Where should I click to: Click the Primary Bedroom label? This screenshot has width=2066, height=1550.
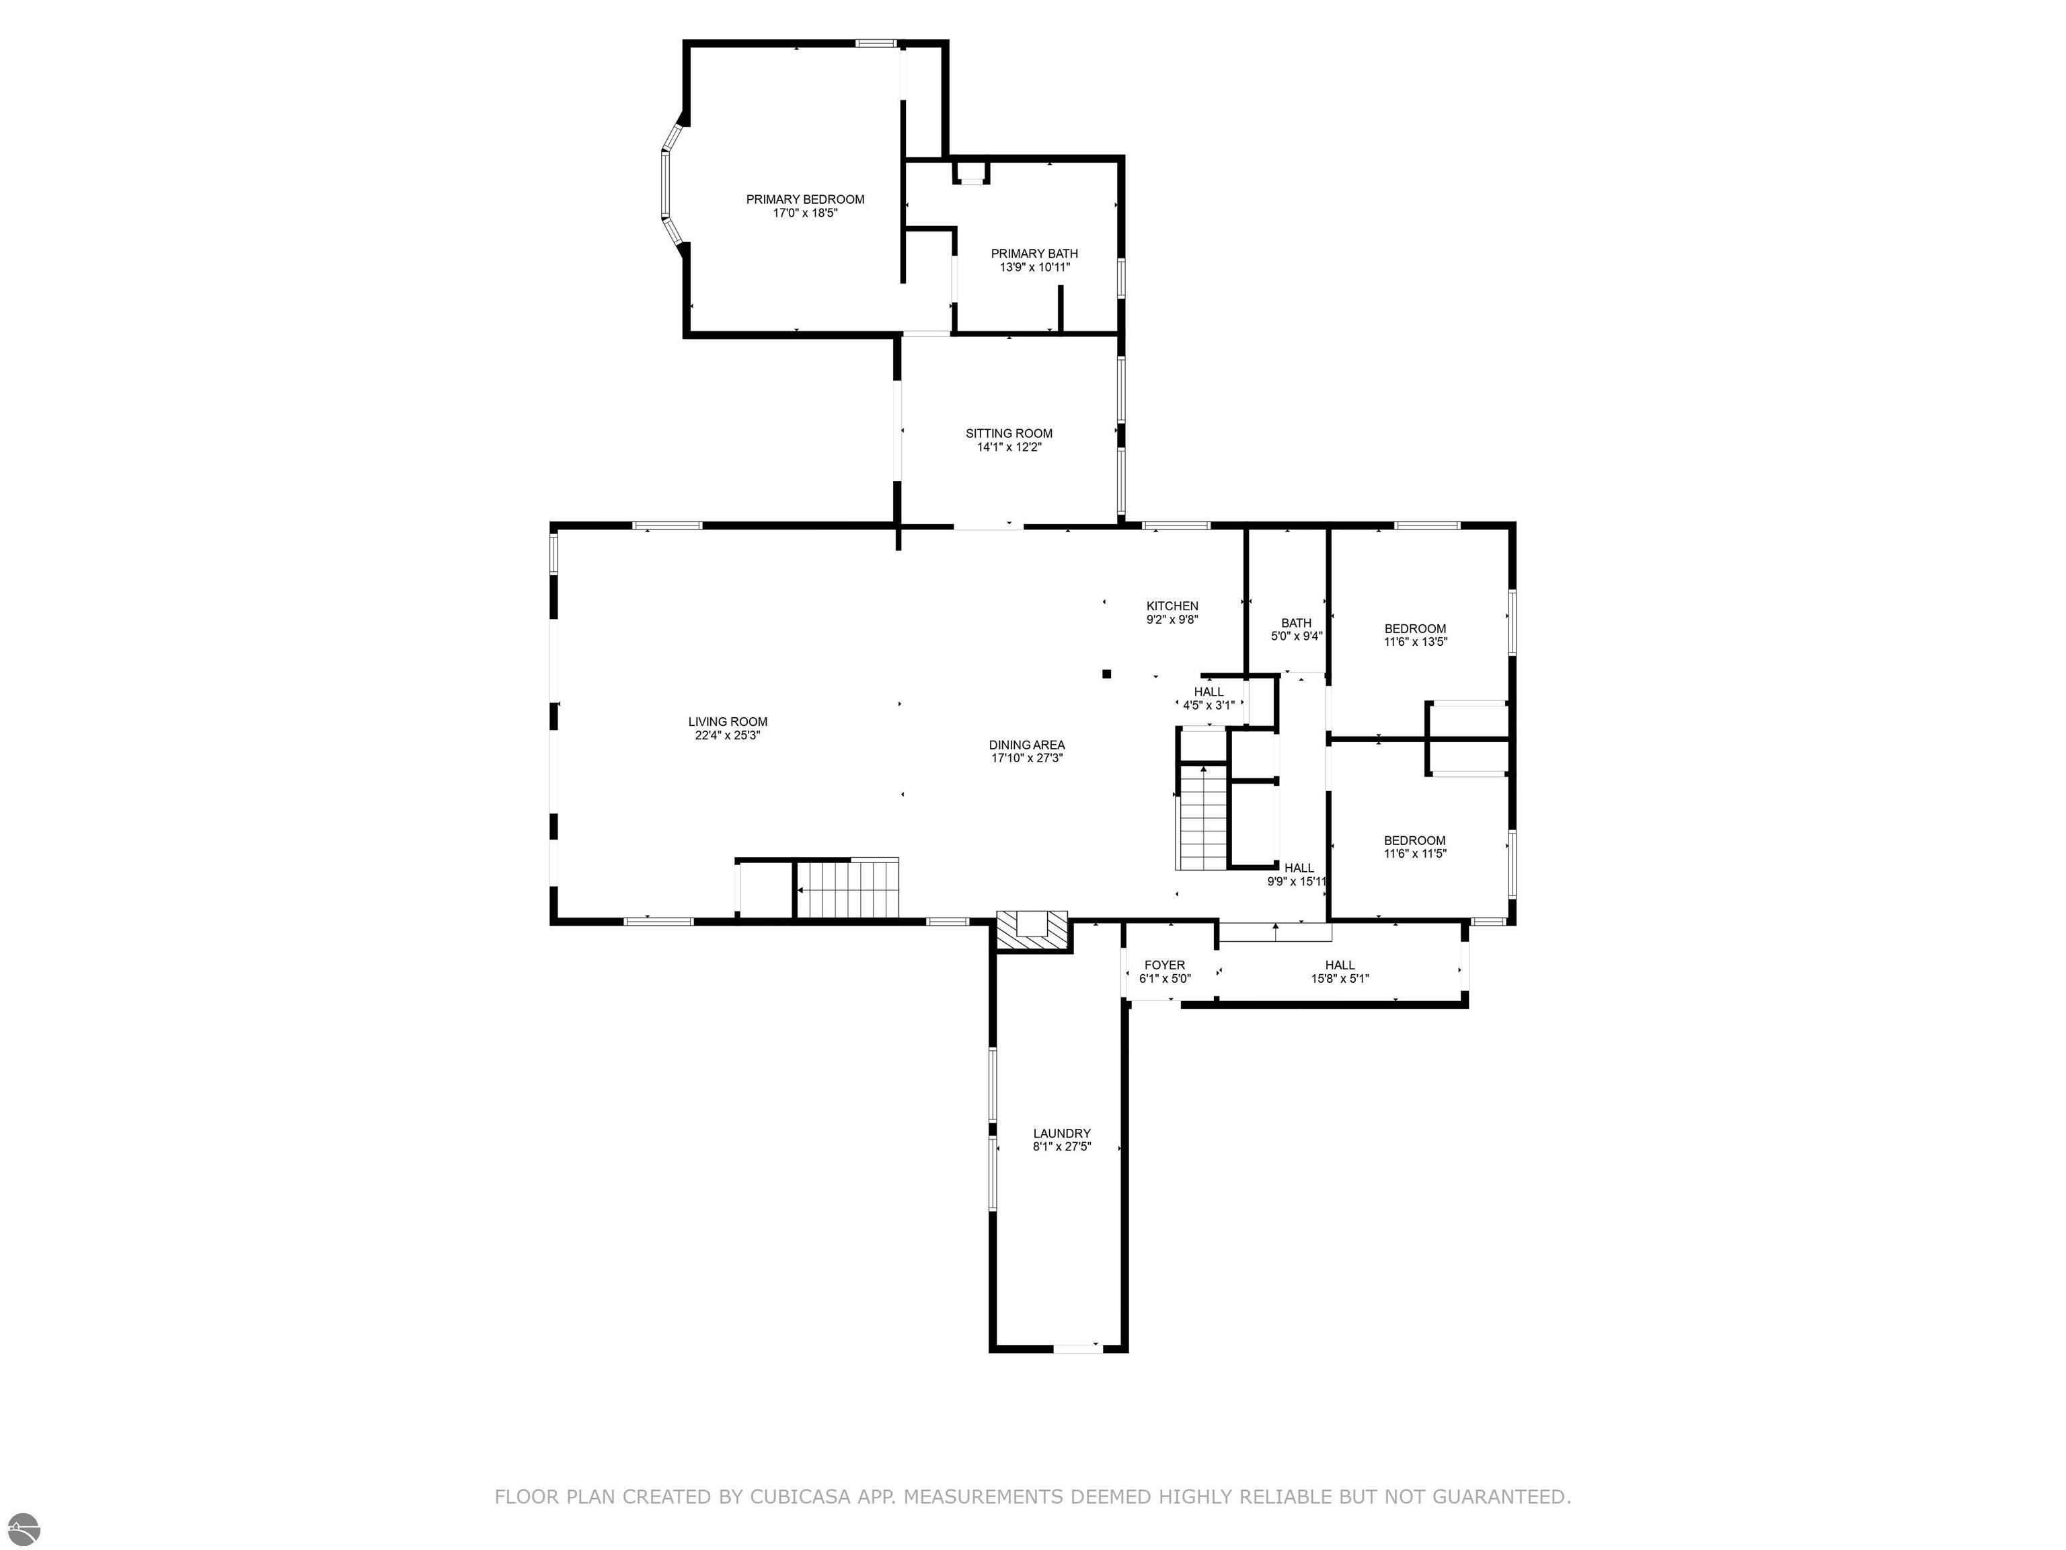tap(804, 199)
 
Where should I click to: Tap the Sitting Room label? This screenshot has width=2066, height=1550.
tap(1009, 433)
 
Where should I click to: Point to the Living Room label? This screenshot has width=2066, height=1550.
tap(728, 721)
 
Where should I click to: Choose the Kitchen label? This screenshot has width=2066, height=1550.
tap(1172, 605)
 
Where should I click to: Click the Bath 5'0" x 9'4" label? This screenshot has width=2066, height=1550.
tap(1297, 630)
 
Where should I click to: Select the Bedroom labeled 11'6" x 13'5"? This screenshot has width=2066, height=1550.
tap(1415, 635)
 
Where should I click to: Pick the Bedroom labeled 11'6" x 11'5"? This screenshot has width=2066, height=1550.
tap(1415, 846)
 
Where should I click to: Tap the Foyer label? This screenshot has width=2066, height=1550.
tap(1165, 965)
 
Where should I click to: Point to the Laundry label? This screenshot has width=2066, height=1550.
tap(1062, 1134)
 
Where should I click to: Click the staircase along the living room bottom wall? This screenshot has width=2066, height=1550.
tap(846, 889)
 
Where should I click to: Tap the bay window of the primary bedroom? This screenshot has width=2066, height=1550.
tap(668, 185)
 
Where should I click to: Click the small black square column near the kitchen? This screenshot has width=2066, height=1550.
tap(1107, 673)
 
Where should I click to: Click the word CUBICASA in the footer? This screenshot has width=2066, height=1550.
tap(800, 1497)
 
